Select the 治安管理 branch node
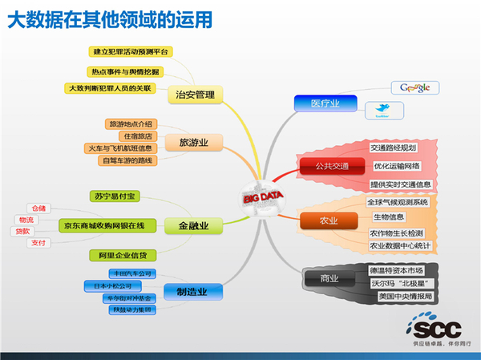[195, 95]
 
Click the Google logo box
[415, 87]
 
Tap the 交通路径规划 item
[394, 148]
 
